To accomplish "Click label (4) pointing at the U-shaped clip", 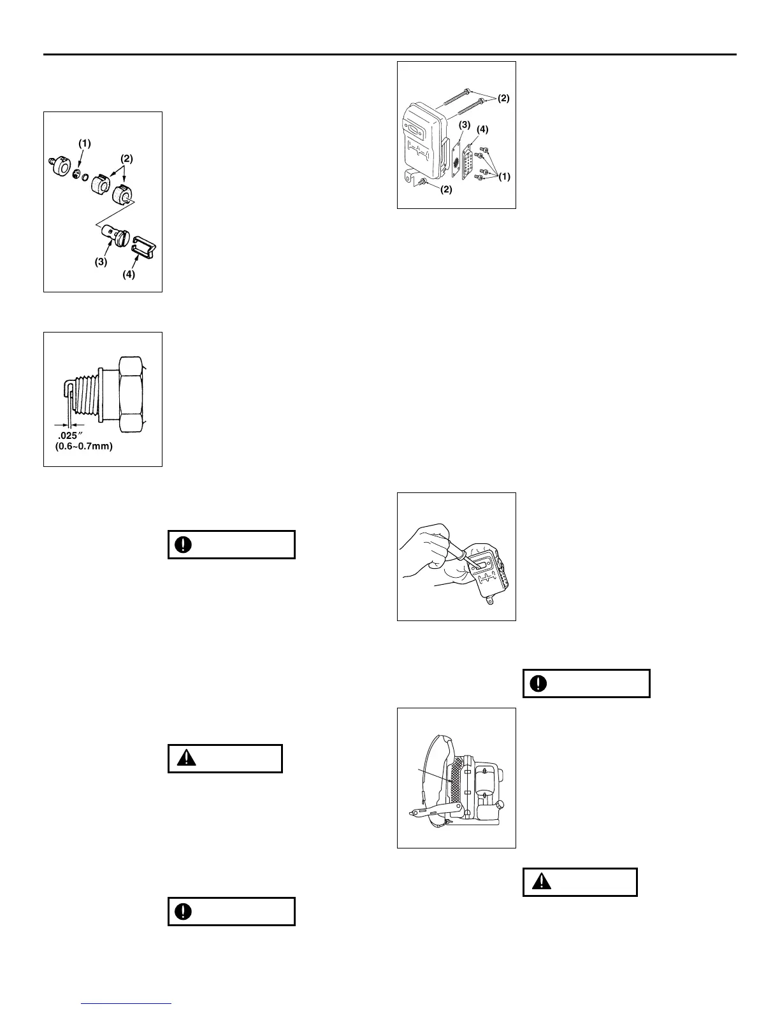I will pos(129,275).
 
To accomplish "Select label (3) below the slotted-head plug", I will pos(101,261).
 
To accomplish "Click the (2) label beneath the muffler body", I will pos(446,189).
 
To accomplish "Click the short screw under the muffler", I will pos(422,183).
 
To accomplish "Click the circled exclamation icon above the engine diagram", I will pos(539,683).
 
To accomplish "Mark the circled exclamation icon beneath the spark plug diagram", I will pos(184,545).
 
